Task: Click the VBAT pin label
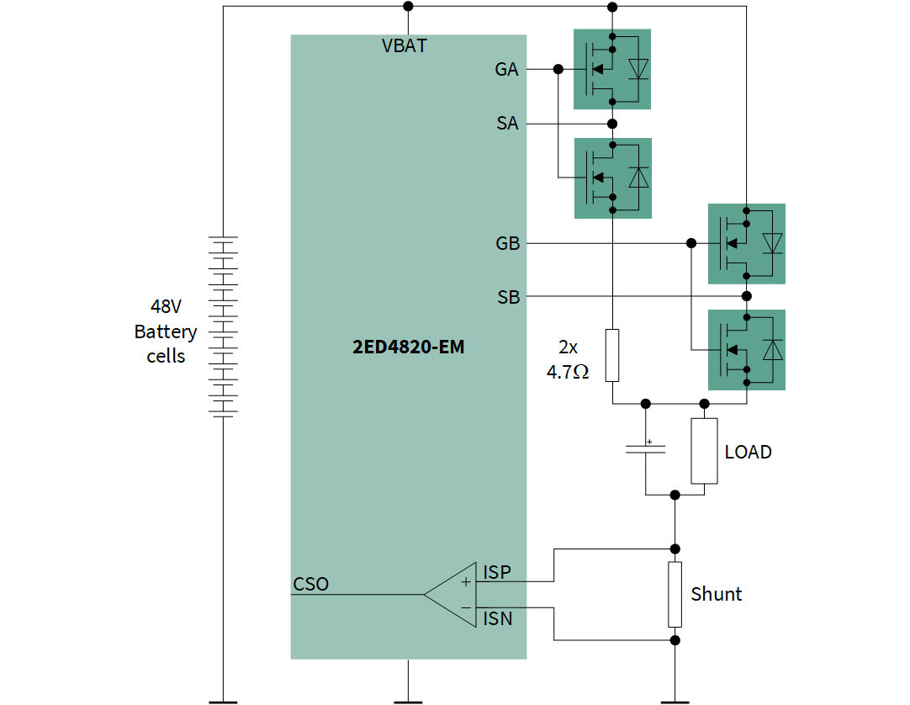tap(404, 46)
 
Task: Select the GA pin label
tap(506, 70)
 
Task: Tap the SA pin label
tap(507, 124)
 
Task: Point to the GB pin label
tap(507, 244)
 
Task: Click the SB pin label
tap(508, 297)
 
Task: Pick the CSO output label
tap(310, 584)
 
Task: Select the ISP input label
tap(496, 573)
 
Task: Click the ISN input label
tap(497, 619)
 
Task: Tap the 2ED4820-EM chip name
tap(408, 347)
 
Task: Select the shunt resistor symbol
tap(675, 595)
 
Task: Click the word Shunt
tap(716, 594)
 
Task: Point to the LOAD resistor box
tap(704, 451)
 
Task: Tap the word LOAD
tap(748, 452)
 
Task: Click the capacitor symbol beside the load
tap(645, 449)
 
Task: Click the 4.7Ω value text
tap(568, 372)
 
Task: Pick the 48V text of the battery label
tap(166, 307)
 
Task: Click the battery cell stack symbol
tap(224, 326)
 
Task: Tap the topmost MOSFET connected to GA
tap(612, 69)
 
